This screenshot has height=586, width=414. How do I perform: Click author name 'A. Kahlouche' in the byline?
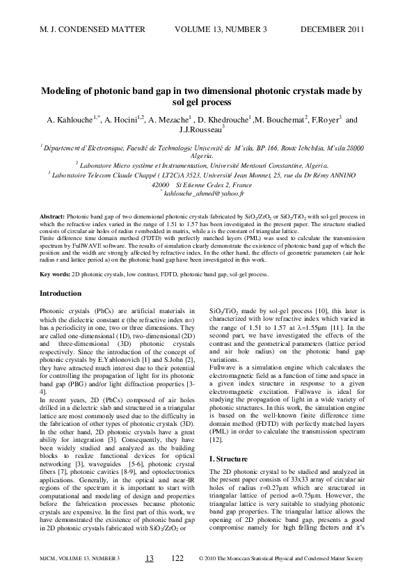click(70, 120)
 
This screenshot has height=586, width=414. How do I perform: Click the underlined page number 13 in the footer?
click(149, 559)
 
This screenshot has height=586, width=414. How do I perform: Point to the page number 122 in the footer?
click(177, 559)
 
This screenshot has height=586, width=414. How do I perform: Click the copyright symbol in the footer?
click(201, 559)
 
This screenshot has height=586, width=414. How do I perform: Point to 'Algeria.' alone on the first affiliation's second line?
click(207, 158)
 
